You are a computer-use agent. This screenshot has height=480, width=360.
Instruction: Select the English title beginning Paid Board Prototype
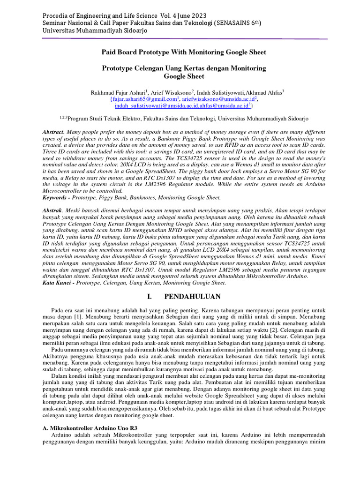184,52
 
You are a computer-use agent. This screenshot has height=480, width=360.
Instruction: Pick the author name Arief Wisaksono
169,93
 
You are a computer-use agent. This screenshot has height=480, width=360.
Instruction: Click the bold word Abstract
52,133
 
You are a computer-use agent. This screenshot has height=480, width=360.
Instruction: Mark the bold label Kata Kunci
57,283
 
